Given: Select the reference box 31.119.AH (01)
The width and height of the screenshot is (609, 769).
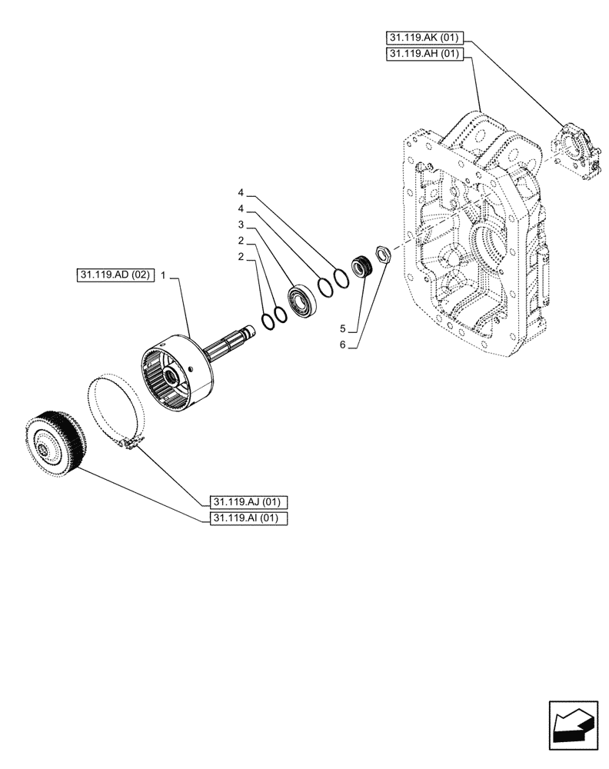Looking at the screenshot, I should pos(425,54).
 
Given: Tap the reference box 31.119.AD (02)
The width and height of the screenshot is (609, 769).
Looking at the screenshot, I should pos(116,275).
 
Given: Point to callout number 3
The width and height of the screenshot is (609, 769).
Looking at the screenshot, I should pos(241,225).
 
